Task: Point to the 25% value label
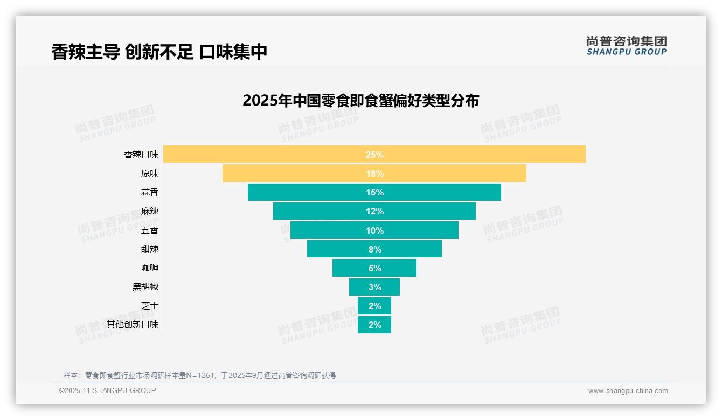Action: click(x=374, y=155)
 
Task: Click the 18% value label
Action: click(x=374, y=173)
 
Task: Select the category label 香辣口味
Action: click(x=141, y=155)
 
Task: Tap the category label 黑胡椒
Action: click(x=145, y=287)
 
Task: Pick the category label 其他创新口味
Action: click(x=133, y=325)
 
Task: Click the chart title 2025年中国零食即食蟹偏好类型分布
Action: click(x=360, y=101)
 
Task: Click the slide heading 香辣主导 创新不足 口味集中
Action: click(x=159, y=52)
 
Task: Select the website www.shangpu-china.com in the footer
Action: click(x=628, y=391)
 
